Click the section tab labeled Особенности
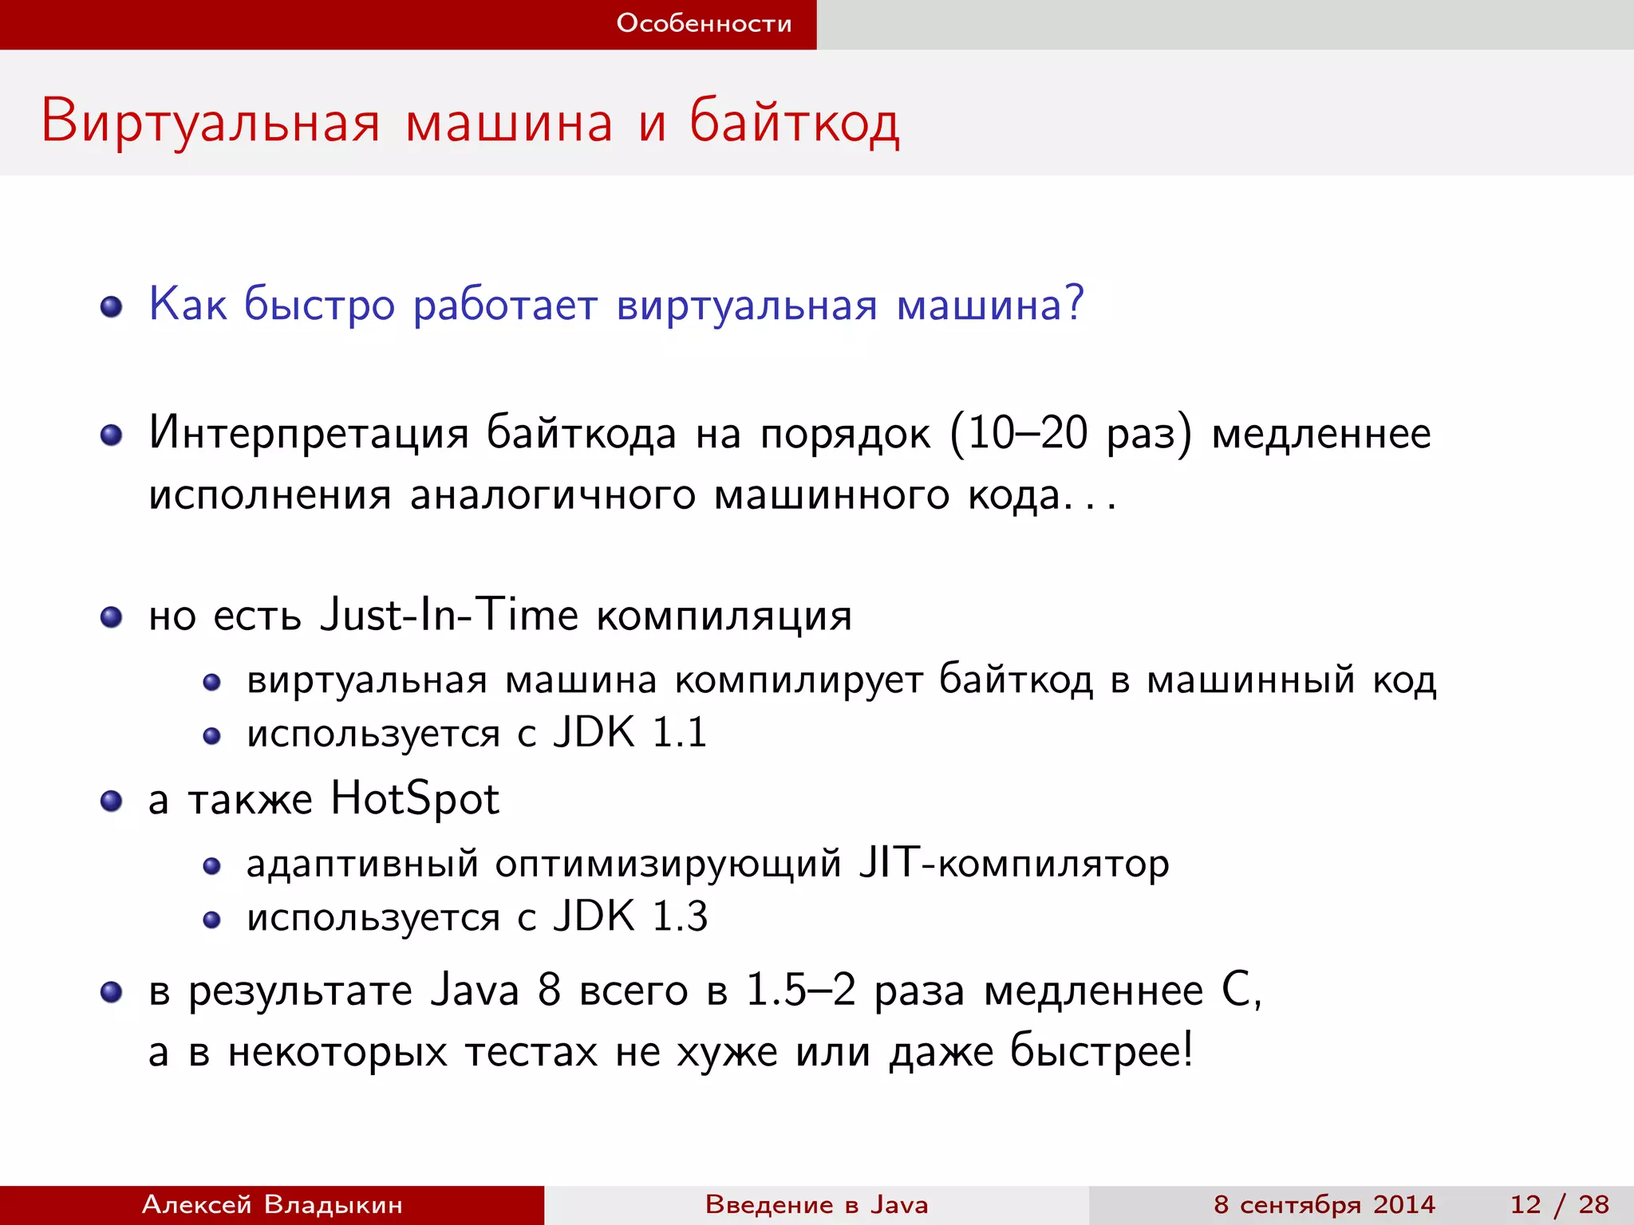(704, 24)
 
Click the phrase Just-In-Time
(448, 616)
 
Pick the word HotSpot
(415, 799)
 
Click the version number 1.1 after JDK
(679, 733)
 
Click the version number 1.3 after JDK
(680, 916)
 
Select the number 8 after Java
(549, 991)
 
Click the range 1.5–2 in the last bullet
(800, 991)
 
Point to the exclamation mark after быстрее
(1188, 1050)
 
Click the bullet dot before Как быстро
(112, 307)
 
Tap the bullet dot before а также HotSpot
(112, 801)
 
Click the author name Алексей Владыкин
(272, 1204)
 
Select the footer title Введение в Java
(816, 1204)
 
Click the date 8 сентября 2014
(1324, 1204)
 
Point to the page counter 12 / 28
(1559, 1204)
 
